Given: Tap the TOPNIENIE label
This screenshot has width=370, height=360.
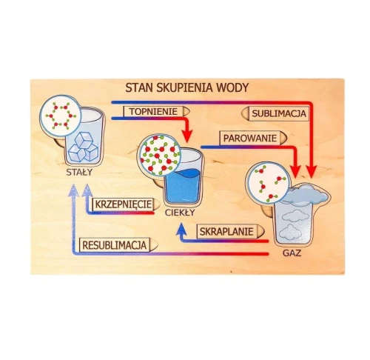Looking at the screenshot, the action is (x=153, y=112).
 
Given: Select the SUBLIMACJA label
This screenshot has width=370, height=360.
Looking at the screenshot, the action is (x=279, y=113).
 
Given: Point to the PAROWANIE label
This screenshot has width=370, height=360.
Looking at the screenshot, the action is (x=250, y=139).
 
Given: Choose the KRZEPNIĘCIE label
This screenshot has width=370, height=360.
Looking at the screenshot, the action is (x=124, y=204).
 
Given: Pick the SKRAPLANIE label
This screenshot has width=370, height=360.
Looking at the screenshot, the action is (x=226, y=232).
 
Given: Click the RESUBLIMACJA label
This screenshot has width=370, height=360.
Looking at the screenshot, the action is (x=115, y=245).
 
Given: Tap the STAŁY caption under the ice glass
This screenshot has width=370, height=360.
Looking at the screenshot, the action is (x=79, y=173).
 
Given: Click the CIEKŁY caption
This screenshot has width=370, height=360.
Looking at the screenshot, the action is (x=180, y=213).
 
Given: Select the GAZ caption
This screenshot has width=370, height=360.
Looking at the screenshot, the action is (x=292, y=253).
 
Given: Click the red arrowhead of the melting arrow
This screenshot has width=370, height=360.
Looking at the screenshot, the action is (x=188, y=136).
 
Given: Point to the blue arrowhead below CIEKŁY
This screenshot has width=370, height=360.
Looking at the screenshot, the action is (x=182, y=228).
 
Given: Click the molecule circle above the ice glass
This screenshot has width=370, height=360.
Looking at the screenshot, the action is (x=61, y=116).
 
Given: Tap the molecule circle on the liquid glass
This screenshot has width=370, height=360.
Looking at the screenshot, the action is (x=160, y=155).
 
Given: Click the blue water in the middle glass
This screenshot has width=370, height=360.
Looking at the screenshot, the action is (x=183, y=187).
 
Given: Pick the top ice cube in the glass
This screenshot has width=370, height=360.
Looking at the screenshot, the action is (x=84, y=139).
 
